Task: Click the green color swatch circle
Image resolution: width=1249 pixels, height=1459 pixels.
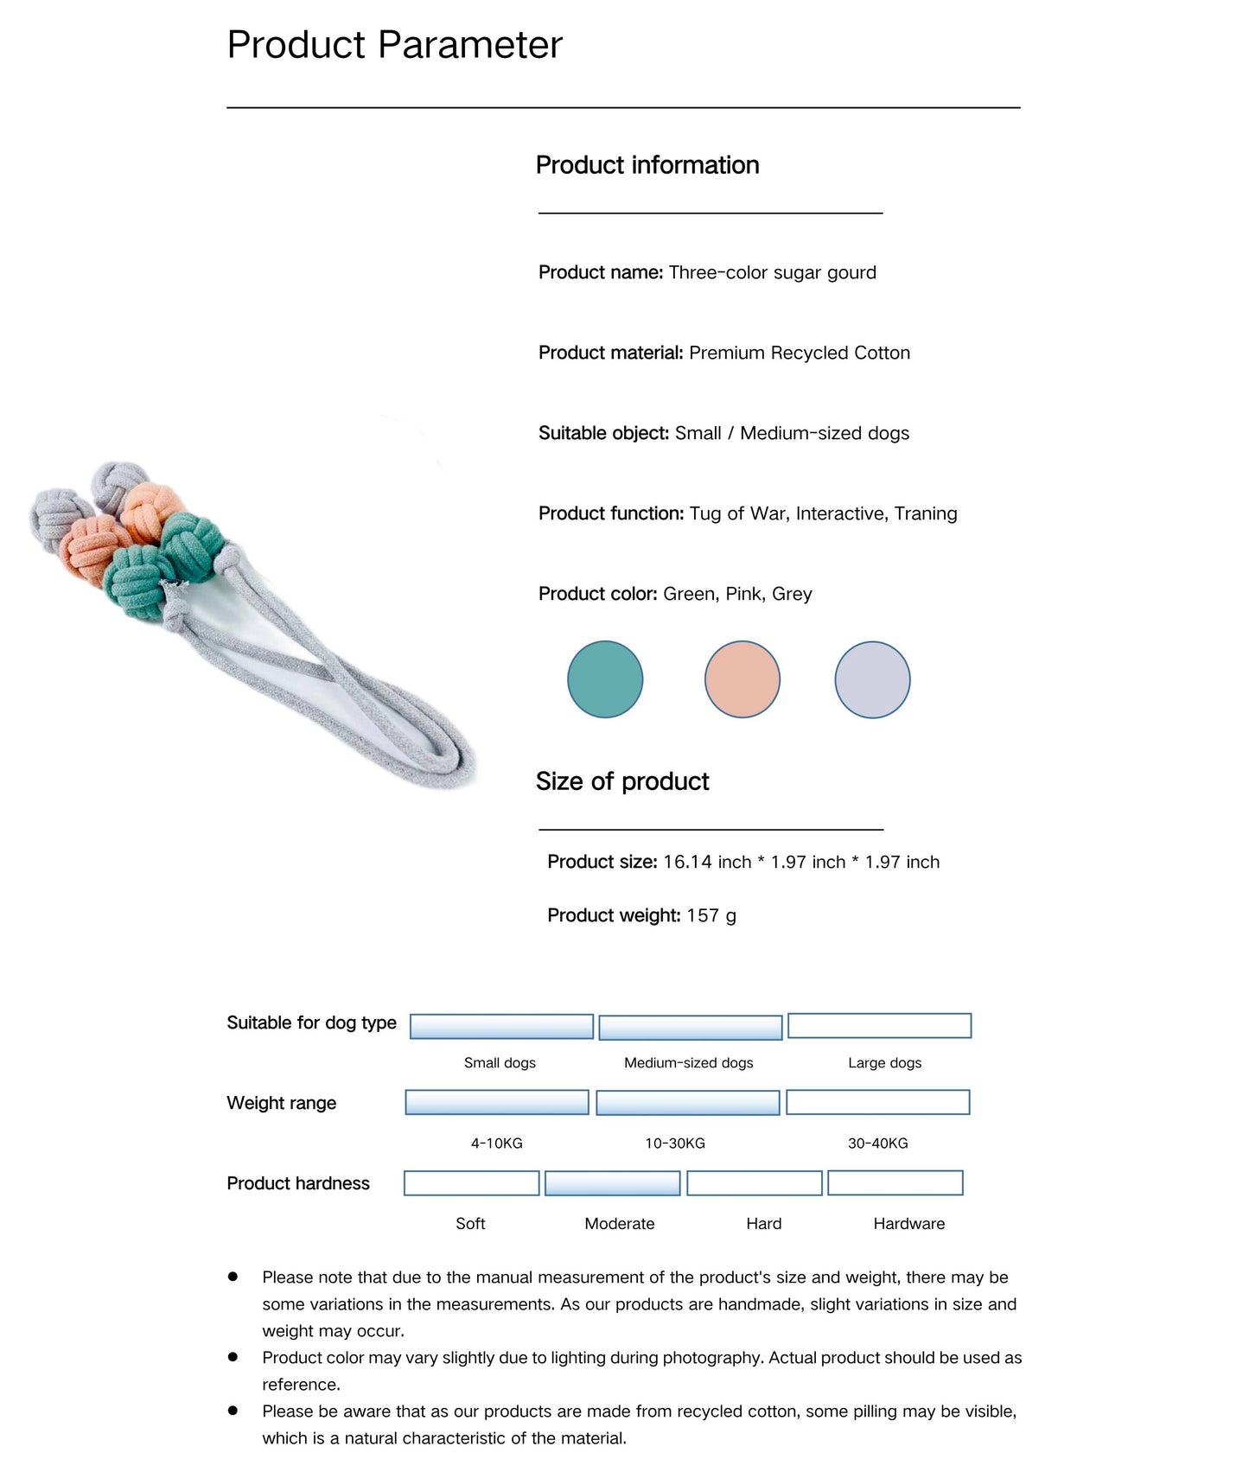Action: tap(605, 679)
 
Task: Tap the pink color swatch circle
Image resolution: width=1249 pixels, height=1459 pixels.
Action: tap(742, 679)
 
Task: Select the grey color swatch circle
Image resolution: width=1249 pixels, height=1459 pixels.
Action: tap(872, 679)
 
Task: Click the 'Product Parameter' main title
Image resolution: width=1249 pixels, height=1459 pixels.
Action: tap(394, 45)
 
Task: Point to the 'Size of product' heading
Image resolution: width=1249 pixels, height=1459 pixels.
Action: tap(622, 781)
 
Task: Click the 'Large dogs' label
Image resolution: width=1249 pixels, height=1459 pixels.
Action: tap(884, 1062)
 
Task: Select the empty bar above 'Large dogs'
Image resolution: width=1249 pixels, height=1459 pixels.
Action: tap(879, 1026)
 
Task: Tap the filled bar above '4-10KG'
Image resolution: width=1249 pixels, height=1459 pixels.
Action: tap(497, 1102)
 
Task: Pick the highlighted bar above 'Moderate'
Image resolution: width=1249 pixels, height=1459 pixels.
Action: tap(613, 1183)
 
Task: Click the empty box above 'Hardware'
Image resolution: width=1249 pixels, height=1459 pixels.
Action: tap(895, 1182)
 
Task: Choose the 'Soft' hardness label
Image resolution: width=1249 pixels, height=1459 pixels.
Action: tap(470, 1223)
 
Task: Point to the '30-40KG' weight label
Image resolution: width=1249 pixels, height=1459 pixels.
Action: tap(877, 1143)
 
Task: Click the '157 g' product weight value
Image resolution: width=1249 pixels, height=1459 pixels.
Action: tap(711, 915)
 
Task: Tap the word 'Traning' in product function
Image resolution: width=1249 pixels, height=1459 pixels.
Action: tap(926, 513)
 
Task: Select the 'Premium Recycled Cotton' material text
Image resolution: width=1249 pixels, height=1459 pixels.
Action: tap(800, 353)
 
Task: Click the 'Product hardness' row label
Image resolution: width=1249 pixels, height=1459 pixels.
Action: tap(298, 1183)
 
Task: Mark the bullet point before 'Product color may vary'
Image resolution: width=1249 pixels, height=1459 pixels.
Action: tap(233, 1357)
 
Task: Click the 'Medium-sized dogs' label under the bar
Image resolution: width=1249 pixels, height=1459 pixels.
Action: tap(688, 1062)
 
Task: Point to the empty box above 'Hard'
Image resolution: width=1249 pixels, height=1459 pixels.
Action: tap(755, 1183)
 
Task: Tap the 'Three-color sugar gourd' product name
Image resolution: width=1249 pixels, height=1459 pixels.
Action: tap(772, 272)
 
